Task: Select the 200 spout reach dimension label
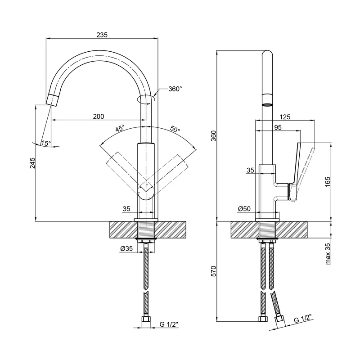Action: (x=99, y=117)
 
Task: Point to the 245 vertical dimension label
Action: (x=32, y=163)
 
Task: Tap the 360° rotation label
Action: (x=175, y=89)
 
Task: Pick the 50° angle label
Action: (x=175, y=129)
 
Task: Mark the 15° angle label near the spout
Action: (x=46, y=144)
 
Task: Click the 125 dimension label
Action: (x=284, y=117)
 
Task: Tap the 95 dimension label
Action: (x=278, y=128)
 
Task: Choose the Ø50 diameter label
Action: (x=244, y=209)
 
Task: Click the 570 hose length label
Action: (x=214, y=271)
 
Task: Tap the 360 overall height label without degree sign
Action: (x=214, y=135)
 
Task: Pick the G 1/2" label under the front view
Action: (x=169, y=323)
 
